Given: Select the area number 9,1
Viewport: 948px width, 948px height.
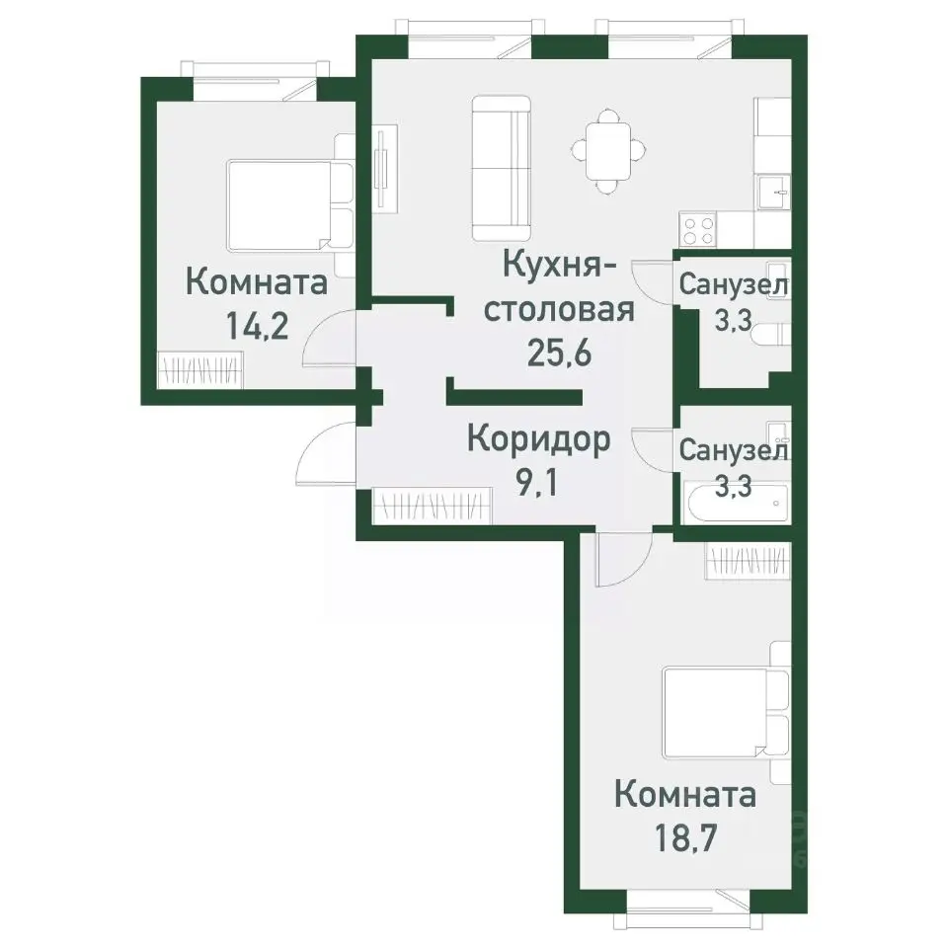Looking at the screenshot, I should [537, 483].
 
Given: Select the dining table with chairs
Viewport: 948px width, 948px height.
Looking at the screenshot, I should [609, 151].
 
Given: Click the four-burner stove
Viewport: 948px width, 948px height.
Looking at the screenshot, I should [699, 230].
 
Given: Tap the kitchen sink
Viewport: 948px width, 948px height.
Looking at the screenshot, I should [774, 192].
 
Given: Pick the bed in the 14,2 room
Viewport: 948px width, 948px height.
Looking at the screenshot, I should [290, 205].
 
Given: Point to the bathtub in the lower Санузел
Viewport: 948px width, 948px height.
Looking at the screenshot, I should [735, 505].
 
